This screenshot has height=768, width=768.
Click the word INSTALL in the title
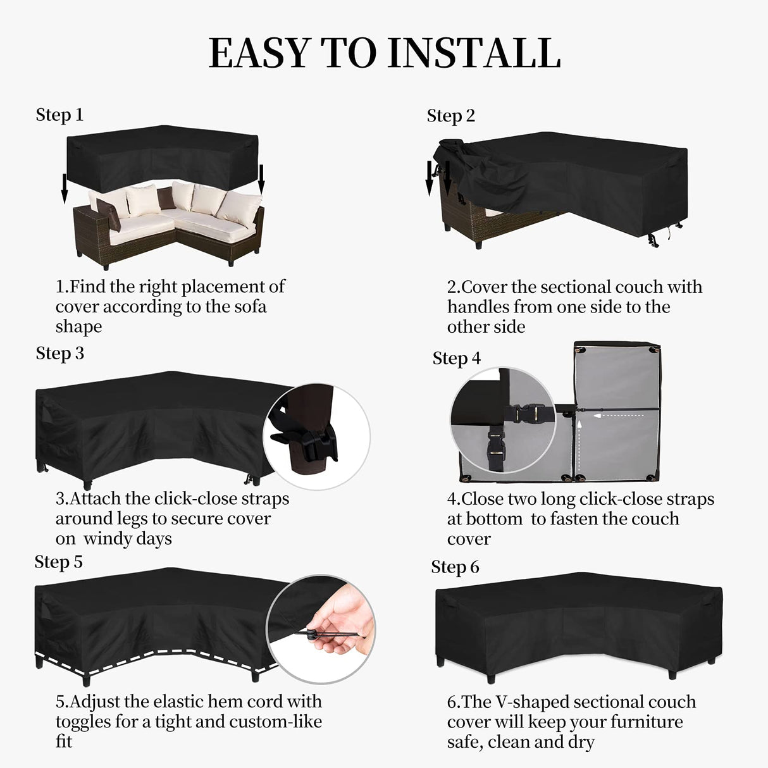474,53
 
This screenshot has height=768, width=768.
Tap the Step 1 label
59,115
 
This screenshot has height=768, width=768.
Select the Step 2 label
450,116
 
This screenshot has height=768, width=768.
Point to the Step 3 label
59,353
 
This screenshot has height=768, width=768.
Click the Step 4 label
456,358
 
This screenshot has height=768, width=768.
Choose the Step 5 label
58,562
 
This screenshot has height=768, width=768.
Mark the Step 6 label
455,567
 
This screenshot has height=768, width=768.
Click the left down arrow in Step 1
64,189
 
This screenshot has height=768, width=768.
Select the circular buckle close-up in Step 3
316,437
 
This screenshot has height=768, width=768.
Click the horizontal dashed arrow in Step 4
620,416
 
